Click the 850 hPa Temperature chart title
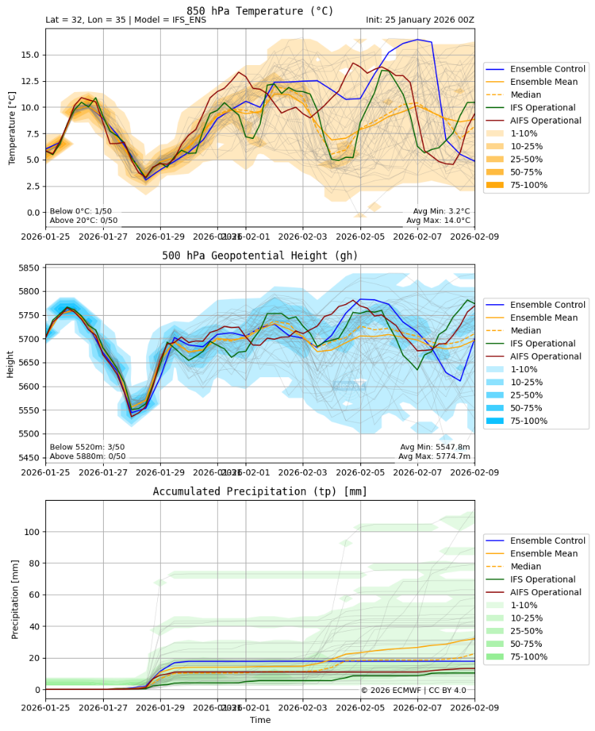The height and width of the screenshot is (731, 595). [x=259, y=10]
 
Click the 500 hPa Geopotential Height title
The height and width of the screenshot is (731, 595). [x=259, y=255]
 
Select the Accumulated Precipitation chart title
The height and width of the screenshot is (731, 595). [x=259, y=491]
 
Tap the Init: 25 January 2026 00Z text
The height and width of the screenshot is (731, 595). [x=420, y=20]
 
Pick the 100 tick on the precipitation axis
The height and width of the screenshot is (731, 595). [x=31, y=531]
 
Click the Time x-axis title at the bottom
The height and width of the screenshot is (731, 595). [x=259, y=720]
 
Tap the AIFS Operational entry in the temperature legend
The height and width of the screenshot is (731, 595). [x=545, y=121]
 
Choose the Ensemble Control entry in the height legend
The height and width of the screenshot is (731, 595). [x=547, y=304]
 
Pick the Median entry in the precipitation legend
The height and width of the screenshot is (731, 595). [x=526, y=567]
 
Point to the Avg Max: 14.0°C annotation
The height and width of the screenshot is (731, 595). [x=441, y=220]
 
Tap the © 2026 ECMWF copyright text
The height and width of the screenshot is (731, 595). [x=413, y=690]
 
